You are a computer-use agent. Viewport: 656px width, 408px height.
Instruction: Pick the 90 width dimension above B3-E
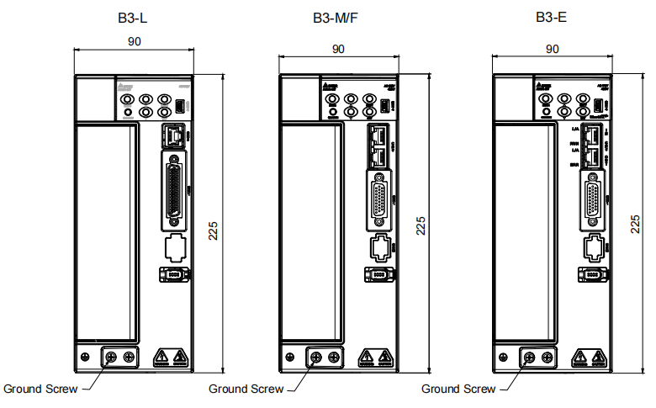pos(552,49)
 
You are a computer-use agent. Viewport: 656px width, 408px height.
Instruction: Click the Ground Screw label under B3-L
pos(40,389)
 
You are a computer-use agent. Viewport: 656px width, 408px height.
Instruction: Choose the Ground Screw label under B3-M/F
pos(246,389)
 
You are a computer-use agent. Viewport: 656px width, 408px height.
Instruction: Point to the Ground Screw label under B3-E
pos(458,389)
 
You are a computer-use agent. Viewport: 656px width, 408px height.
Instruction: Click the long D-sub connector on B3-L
pos(175,191)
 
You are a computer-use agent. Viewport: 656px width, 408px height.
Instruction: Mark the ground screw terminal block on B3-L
pos(119,358)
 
